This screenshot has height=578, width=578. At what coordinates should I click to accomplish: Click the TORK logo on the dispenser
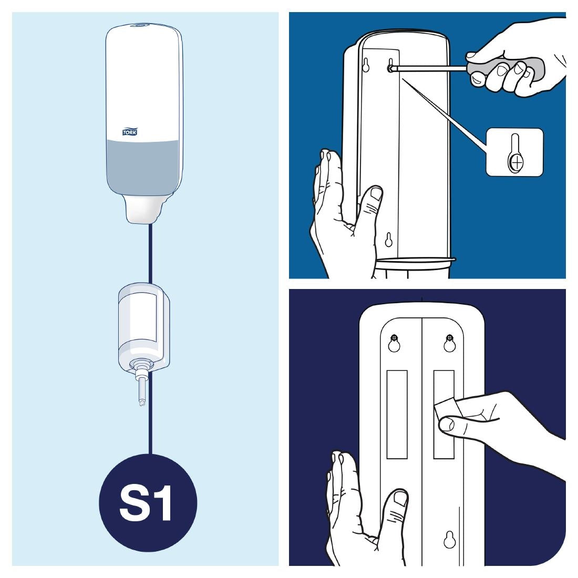[130, 132]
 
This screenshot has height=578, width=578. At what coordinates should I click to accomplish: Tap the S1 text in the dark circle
[145, 503]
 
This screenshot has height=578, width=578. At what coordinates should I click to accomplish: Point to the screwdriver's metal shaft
[430, 68]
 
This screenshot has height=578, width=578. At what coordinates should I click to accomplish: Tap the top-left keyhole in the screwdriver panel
[366, 65]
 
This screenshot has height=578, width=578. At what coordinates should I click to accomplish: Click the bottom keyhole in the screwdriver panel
[388, 240]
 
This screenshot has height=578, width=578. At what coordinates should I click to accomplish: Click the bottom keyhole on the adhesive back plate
[450, 540]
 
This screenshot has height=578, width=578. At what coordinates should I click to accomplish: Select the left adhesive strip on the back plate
[397, 415]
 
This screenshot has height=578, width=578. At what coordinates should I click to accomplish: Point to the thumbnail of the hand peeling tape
[447, 424]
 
